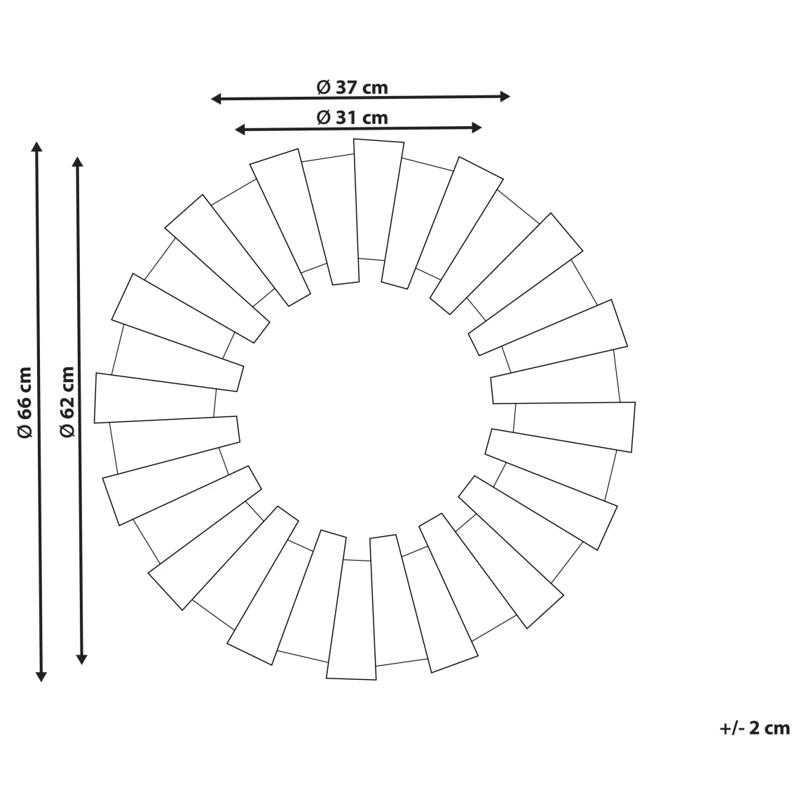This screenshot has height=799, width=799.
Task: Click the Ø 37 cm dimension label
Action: point(352,88)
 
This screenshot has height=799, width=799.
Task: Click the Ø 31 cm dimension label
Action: point(352,118)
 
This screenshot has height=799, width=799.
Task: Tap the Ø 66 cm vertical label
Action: point(25,402)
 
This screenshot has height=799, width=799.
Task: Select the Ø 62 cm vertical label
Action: point(67,402)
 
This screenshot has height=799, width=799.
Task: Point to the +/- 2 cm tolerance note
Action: point(755,728)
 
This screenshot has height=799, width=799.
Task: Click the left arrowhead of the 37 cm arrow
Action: point(216,98)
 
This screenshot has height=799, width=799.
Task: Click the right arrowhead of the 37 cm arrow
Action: point(505,96)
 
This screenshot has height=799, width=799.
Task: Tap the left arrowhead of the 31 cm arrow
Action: point(240,130)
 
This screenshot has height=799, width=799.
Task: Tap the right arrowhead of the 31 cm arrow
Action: point(477,128)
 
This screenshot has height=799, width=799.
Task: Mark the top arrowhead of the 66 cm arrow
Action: point(36,146)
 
